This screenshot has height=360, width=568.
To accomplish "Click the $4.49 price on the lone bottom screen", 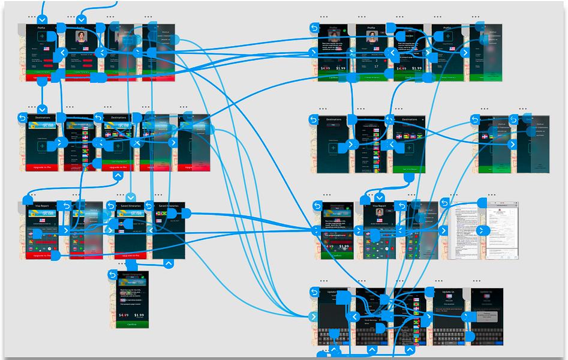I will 123,314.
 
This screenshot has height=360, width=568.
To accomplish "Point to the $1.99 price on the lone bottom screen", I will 139,314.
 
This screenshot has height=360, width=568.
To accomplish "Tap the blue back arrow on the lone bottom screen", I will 112,275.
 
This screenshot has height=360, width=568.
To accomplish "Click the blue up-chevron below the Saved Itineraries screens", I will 169,263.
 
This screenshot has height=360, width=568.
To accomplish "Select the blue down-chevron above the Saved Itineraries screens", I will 131,197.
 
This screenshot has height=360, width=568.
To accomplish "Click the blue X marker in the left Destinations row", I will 136,143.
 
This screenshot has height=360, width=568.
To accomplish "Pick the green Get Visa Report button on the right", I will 409,169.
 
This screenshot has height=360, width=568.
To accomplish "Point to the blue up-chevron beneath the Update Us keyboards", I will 371,349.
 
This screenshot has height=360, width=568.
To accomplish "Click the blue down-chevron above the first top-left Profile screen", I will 82,20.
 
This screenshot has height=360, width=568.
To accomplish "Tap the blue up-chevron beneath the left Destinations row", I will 119,176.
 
